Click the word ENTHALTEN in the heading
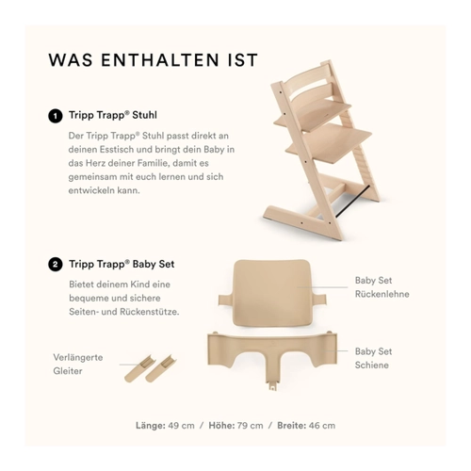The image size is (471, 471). coord(160,60)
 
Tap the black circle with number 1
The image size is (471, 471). coord(56,116)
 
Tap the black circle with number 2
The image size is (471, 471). coord(56,265)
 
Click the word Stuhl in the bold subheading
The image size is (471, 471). coord(144,115)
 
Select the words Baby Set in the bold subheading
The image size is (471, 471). coord(154,264)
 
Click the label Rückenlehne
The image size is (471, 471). coord(382,294)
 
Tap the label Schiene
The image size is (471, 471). coord(372,365)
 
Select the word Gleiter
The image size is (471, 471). coord(68,371)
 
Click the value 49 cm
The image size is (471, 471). coord(181,426)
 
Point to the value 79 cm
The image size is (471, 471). coord(250,426)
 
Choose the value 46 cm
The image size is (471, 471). coord(322,426)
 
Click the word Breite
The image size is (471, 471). coord(291,426)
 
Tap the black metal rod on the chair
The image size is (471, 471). coord(351,202)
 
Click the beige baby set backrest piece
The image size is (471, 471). coord(271,294)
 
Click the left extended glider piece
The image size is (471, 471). coord(139,368)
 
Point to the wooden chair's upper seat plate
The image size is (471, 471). coord(313,116)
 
